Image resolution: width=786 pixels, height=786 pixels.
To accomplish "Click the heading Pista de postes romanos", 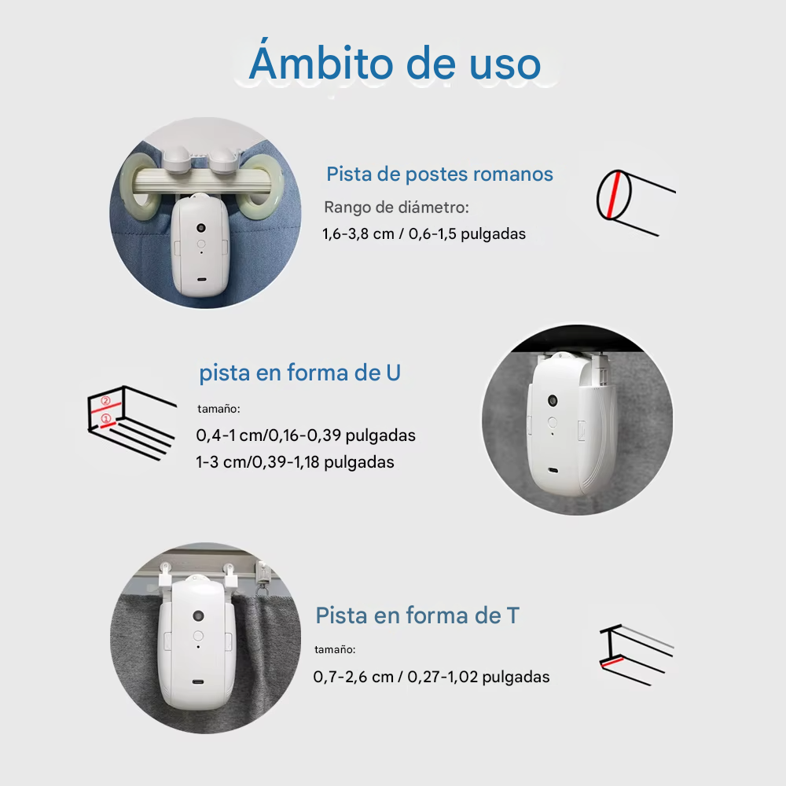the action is pos(439,174).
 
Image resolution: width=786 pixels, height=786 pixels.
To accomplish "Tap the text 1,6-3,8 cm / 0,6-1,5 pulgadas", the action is pos(424,234).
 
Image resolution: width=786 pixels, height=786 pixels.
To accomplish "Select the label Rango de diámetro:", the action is pos(396,207).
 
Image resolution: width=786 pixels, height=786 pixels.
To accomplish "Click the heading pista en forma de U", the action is pos(299,373).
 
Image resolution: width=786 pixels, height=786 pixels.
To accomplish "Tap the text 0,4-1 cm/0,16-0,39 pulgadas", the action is pos(306,435).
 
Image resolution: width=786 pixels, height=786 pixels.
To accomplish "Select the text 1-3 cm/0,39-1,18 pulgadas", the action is pos(295,462).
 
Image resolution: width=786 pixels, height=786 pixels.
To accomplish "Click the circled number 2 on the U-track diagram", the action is pos(105,401).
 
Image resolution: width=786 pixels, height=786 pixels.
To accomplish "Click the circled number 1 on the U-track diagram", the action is pos(106,418).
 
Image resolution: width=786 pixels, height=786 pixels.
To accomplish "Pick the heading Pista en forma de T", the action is pos(417,615).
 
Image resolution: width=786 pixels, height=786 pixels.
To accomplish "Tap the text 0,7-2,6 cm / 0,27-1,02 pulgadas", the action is pos(431,677).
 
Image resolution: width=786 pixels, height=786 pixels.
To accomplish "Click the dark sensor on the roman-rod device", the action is pos(201,228).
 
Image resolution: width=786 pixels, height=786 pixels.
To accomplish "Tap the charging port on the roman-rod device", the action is pos(201,280).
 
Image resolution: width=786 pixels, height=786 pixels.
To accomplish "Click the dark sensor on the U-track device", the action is pos(553,401).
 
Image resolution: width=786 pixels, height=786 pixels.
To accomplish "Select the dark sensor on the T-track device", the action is pos(199,615).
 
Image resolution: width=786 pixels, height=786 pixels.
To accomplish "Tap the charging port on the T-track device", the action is pos(199,681).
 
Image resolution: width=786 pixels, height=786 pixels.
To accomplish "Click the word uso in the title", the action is pos(505,64).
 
